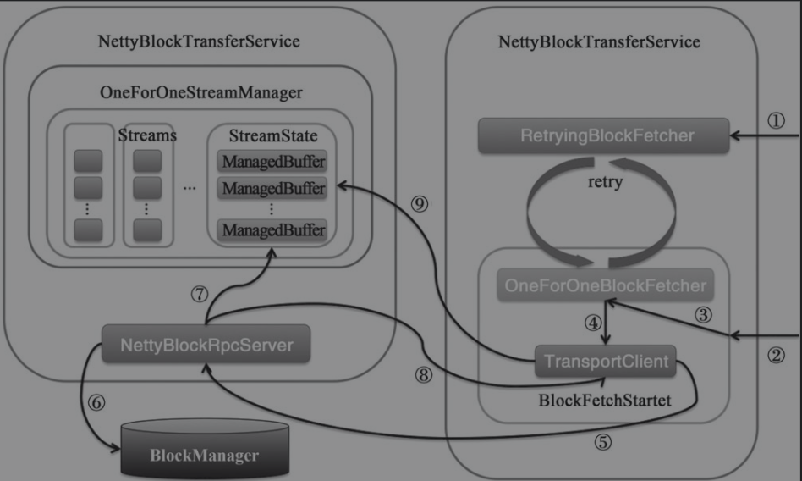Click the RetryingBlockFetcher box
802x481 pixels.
pyautogui.click(x=603, y=135)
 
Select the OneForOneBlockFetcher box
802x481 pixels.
pyautogui.click(x=606, y=285)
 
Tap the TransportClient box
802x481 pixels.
pyautogui.click(x=606, y=361)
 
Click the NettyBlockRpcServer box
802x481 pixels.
pyautogui.click(x=206, y=344)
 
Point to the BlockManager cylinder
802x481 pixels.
pyautogui.click(x=205, y=448)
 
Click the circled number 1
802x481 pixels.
pyautogui.click(x=776, y=121)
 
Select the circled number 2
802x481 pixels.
pyautogui.click(x=776, y=355)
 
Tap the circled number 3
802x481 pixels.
pyautogui.click(x=704, y=314)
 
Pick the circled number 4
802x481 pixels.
pyautogui.click(x=593, y=323)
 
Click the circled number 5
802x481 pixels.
pyautogui.click(x=603, y=442)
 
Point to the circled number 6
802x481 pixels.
pyautogui.click(x=96, y=402)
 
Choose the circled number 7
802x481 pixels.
pyautogui.click(x=200, y=294)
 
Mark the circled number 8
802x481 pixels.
pyautogui.click(x=424, y=375)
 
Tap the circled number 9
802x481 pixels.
pyautogui.click(x=420, y=204)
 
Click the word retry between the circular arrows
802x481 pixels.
pyautogui.click(x=605, y=182)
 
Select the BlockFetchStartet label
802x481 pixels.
pyautogui.click(x=605, y=400)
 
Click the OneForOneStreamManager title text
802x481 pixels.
pyautogui.click(x=201, y=92)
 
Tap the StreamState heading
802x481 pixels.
pyautogui.click(x=273, y=135)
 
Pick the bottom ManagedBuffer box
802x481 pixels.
pyautogui.click(x=272, y=230)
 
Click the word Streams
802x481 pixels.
pyautogui.click(x=147, y=135)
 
